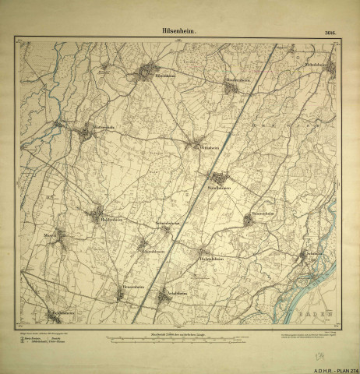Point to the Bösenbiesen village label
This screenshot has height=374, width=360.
[236, 81]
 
